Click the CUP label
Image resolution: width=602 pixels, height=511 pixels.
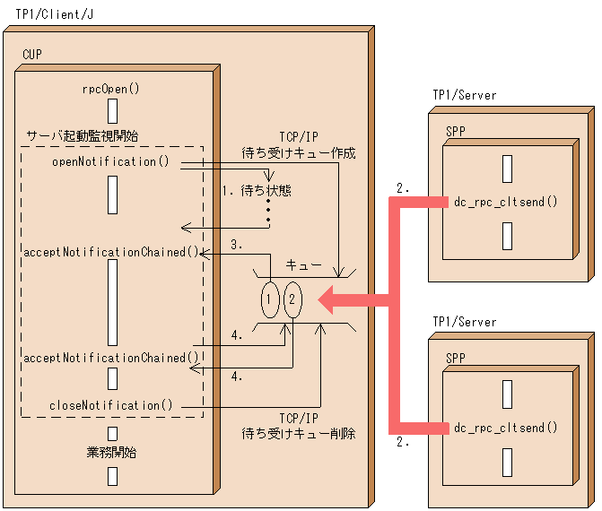pos(31,56)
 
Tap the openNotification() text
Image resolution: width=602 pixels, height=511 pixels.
pos(110,162)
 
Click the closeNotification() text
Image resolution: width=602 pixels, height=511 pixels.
pos(110,405)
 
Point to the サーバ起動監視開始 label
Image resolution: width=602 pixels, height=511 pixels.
pos(83,135)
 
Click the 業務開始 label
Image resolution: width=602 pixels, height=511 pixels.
pos(111,453)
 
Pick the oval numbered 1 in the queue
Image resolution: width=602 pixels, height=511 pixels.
pos(270,299)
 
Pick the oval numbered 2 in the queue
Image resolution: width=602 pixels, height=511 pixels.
pos(292,299)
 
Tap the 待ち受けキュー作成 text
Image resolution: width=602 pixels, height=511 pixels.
pos(298,153)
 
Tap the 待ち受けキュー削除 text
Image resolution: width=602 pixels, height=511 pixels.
pos(298,434)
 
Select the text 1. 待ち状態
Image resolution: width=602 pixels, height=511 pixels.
pos(257,191)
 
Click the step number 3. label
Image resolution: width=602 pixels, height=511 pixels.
pos(237,244)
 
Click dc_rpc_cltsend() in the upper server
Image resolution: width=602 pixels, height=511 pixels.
pos(506,203)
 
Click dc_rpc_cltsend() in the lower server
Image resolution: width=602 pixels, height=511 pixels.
pos(506,428)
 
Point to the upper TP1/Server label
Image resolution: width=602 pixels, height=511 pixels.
pos(464,96)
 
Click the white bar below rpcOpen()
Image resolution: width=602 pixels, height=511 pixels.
pos(112,110)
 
